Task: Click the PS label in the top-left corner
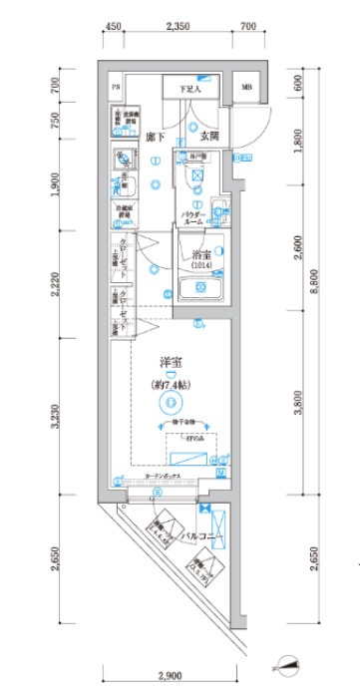pos(117,88)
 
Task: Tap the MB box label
pos(245,88)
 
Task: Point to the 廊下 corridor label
pos(155,135)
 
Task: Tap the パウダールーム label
pos(191,217)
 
